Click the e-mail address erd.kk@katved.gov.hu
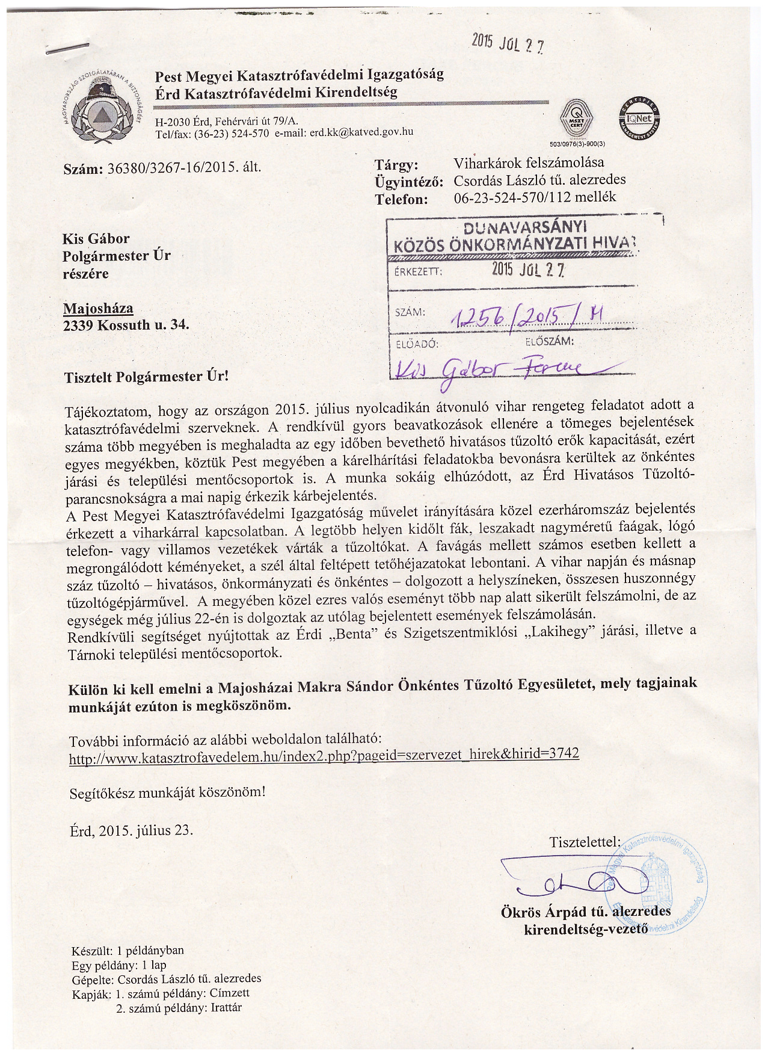(361, 132)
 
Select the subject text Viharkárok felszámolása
(529, 162)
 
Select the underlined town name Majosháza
(98, 309)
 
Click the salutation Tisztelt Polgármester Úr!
(147, 377)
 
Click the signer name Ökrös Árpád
(550, 912)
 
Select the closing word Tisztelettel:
(584, 842)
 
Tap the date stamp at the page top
(508, 43)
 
